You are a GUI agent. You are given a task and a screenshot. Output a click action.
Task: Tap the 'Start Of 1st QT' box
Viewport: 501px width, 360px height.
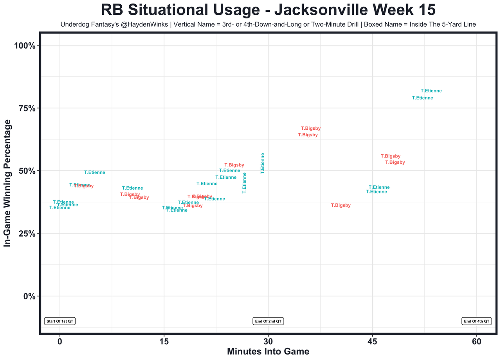click(60, 321)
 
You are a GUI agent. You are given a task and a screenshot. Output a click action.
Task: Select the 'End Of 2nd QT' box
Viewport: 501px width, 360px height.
click(268, 321)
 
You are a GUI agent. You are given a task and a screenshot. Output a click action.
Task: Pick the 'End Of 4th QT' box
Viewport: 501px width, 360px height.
click(476, 321)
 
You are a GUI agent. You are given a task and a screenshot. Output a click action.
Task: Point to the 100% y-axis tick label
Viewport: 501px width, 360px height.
click(25, 45)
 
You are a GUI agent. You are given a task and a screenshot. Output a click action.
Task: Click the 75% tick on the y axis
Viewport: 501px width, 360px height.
click(27, 108)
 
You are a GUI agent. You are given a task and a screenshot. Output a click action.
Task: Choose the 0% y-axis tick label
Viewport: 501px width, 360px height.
click(29, 296)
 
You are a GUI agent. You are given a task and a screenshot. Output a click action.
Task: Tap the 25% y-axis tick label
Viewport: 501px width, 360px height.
click(27, 233)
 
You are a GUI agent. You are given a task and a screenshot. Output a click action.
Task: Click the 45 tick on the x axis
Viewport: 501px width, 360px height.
click(372, 341)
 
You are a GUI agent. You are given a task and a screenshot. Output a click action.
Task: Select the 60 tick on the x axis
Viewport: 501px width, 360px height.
click(476, 341)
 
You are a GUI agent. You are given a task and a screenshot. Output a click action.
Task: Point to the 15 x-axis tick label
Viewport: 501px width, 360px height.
click(164, 341)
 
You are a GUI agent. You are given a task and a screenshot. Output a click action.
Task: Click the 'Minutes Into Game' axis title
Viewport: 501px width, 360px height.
click(268, 351)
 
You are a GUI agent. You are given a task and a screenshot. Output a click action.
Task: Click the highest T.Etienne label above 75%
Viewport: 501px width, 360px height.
click(431, 91)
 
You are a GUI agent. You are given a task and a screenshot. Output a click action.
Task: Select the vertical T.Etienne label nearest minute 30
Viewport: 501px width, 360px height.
click(263, 163)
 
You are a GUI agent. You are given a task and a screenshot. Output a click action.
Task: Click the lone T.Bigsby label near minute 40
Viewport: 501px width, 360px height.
click(341, 205)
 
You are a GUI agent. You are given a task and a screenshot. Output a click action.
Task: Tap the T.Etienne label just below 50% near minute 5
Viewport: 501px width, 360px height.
click(94, 172)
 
